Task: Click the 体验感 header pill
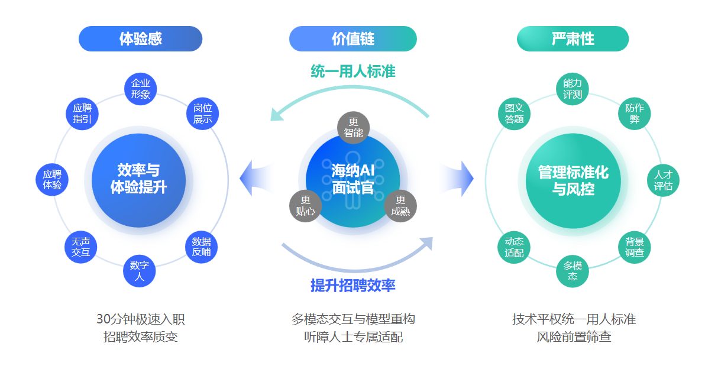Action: pos(140,39)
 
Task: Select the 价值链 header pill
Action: pos(352,39)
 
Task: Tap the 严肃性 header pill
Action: pos(573,39)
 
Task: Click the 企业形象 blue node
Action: pos(140,89)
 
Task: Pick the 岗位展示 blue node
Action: pos(202,114)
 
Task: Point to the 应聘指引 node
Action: pos(82,114)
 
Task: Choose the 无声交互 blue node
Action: pos(80,247)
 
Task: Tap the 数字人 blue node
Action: pos(139,271)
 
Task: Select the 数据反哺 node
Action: pos(201,247)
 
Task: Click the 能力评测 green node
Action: pos(573,89)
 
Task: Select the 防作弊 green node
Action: pos(635,114)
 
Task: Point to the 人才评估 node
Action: pos(663,180)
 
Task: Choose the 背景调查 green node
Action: pos(635,247)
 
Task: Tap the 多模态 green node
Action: pos(573,271)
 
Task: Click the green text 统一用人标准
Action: pos(353,72)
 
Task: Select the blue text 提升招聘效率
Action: pos(353,286)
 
